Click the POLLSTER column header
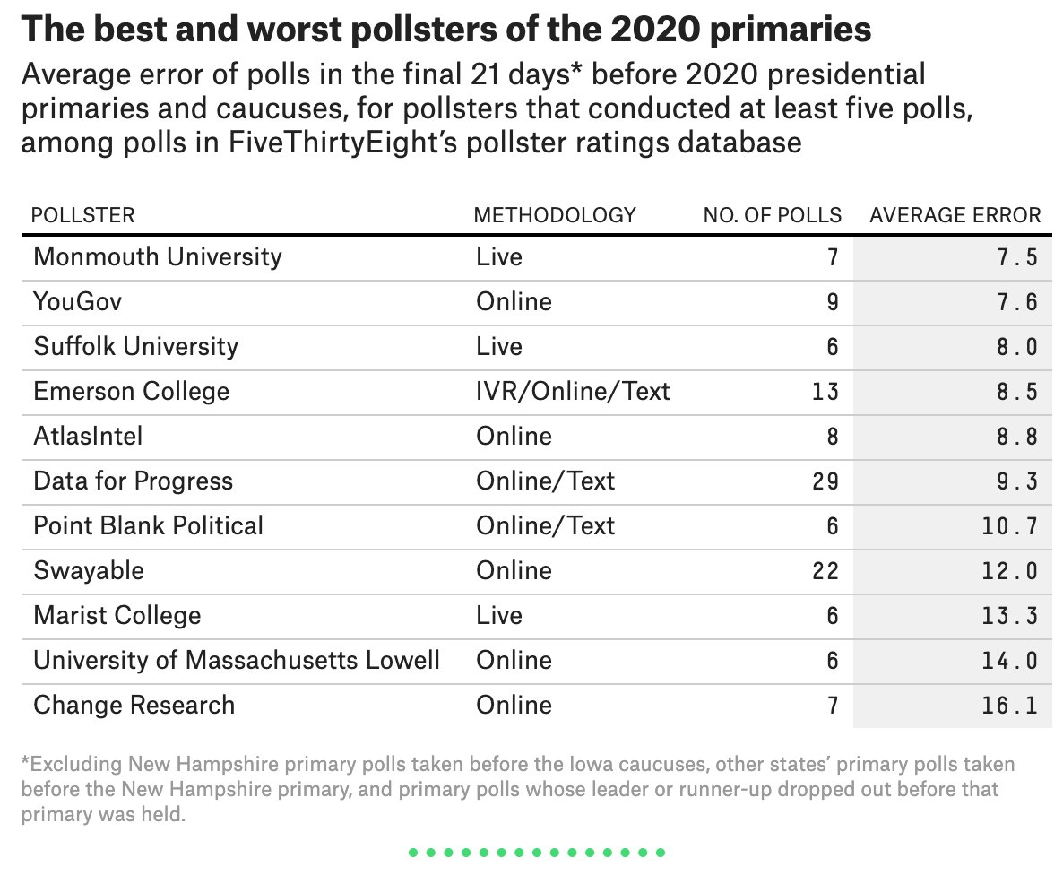point(82,215)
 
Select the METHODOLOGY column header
point(554,215)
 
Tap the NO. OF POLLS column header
point(772,215)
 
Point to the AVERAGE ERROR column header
point(955,215)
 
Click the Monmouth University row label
point(157,257)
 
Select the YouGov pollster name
point(77,302)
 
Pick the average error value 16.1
point(1009,706)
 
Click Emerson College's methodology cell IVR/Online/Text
point(573,392)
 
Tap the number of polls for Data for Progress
point(825,481)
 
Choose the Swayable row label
point(89,571)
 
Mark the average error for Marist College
point(1009,616)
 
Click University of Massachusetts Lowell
point(237,661)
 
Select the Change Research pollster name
point(134,706)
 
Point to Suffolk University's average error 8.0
point(1016,347)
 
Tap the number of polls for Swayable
point(825,571)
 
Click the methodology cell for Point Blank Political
point(545,526)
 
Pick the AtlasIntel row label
point(88,437)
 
